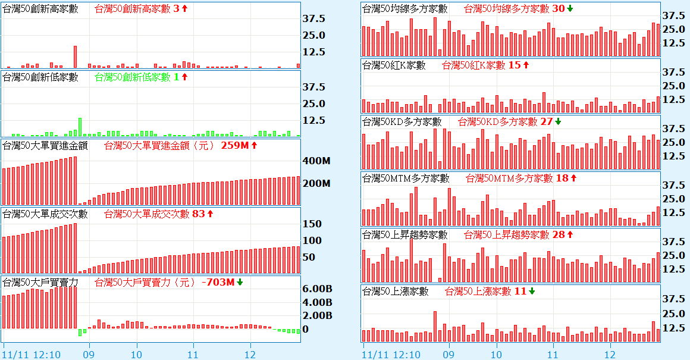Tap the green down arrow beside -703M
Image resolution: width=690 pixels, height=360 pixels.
[x=240, y=282]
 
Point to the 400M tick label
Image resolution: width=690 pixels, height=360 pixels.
[x=316, y=161]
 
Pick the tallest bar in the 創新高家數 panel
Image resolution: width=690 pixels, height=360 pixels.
[x=75, y=57]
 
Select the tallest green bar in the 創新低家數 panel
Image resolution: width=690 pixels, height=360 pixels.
[x=80, y=127]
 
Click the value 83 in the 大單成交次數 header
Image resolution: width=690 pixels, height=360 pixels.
[x=199, y=214]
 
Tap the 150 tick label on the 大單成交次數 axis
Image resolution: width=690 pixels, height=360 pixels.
[x=313, y=224]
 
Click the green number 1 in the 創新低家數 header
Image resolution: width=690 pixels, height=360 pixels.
[x=176, y=77]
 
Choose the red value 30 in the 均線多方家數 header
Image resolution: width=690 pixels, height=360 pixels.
[x=558, y=8]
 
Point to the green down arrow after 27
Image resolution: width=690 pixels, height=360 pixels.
[x=558, y=121]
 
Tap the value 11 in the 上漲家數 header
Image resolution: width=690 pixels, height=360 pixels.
[x=520, y=291]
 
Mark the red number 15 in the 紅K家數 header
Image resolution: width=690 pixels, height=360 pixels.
[x=515, y=65]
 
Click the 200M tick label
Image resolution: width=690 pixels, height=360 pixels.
[x=316, y=183]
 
